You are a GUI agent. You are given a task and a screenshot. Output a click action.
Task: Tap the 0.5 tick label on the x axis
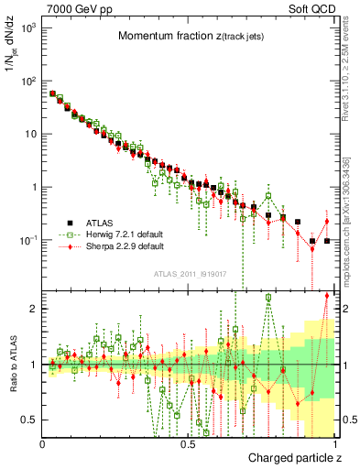188,445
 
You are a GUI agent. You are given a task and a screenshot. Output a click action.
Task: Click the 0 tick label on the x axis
42,445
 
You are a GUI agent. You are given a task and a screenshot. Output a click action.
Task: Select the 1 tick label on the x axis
333,445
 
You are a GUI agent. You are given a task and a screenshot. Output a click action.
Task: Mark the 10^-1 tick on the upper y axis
27,240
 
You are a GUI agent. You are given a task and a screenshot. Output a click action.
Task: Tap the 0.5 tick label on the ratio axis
29,420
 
